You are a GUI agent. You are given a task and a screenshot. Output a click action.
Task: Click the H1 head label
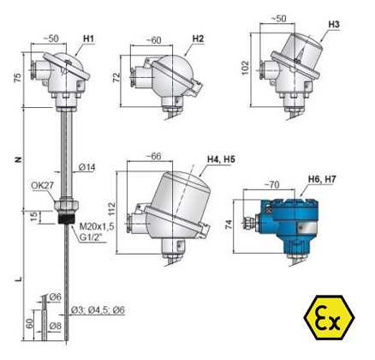point(88,39)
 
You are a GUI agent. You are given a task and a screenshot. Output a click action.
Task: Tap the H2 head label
point(198,39)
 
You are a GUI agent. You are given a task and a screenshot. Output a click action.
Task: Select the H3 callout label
point(334,25)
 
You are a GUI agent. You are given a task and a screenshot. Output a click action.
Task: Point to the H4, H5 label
point(221,159)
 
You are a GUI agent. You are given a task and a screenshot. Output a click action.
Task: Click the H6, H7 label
point(322,179)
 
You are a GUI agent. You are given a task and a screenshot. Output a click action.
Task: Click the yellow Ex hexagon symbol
point(329,317)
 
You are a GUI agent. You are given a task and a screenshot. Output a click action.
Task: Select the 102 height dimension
point(246,68)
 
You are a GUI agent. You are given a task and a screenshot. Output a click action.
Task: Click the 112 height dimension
point(111,209)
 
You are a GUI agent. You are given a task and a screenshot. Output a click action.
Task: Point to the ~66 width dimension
point(153,156)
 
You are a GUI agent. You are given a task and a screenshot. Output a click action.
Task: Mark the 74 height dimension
point(229,225)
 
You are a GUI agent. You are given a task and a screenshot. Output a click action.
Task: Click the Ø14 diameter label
point(87,167)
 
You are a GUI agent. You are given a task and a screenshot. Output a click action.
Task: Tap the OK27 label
point(42,185)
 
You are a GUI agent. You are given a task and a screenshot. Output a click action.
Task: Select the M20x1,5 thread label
point(97,226)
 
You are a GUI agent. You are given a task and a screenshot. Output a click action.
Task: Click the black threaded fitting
point(66,219)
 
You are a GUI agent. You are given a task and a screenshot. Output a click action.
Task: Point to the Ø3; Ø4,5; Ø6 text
point(98,310)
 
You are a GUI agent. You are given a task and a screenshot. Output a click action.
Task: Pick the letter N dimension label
point(18,159)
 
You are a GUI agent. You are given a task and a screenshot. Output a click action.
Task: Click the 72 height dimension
point(116,78)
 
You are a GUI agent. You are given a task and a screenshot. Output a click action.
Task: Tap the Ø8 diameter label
point(55,326)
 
